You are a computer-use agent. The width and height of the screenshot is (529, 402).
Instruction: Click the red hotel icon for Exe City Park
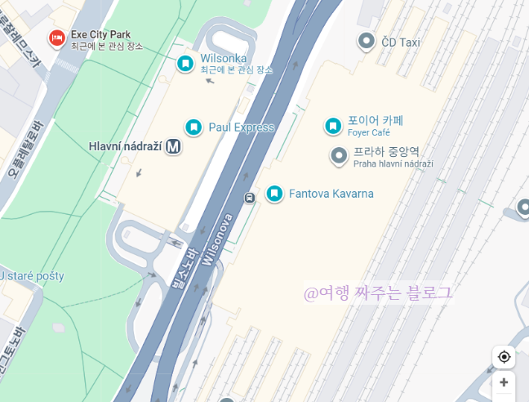pyautogui.click(x=56, y=37)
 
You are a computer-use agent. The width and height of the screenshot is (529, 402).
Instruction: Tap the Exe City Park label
pyautogui.click(x=101, y=34)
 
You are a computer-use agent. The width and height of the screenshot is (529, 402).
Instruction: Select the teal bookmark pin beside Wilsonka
pyautogui.click(x=186, y=62)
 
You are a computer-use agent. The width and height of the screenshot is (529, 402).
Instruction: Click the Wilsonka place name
pyautogui.click(x=223, y=60)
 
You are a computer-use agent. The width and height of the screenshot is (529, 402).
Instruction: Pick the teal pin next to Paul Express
pyautogui.click(x=193, y=127)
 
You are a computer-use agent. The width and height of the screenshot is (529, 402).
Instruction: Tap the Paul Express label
pyautogui.click(x=242, y=127)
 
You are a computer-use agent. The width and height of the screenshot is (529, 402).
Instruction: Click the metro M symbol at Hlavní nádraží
pyautogui.click(x=172, y=147)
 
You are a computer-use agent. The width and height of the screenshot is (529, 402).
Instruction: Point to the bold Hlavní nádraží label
pyautogui.click(x=124, y=147)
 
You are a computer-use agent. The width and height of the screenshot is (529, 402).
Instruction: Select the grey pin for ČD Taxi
pyautogui.click(x=367, y=40)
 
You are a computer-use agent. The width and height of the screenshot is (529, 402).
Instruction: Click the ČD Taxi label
pyautogui.click(x=400, y=42)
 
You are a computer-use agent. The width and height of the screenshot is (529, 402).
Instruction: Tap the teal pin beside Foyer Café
pyautogui.click(x=333, y=125)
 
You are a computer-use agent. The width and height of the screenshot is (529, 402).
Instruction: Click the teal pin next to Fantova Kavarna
pyautogui.click(x=275, y=194)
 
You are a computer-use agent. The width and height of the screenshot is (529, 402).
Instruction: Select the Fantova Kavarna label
pyautogui.click(x=331, y=194)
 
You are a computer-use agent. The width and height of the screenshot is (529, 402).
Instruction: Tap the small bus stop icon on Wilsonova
pyautogui.click(x=249, y=197)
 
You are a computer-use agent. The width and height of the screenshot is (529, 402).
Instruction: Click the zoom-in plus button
pyautogui.click(x=504, y=382)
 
